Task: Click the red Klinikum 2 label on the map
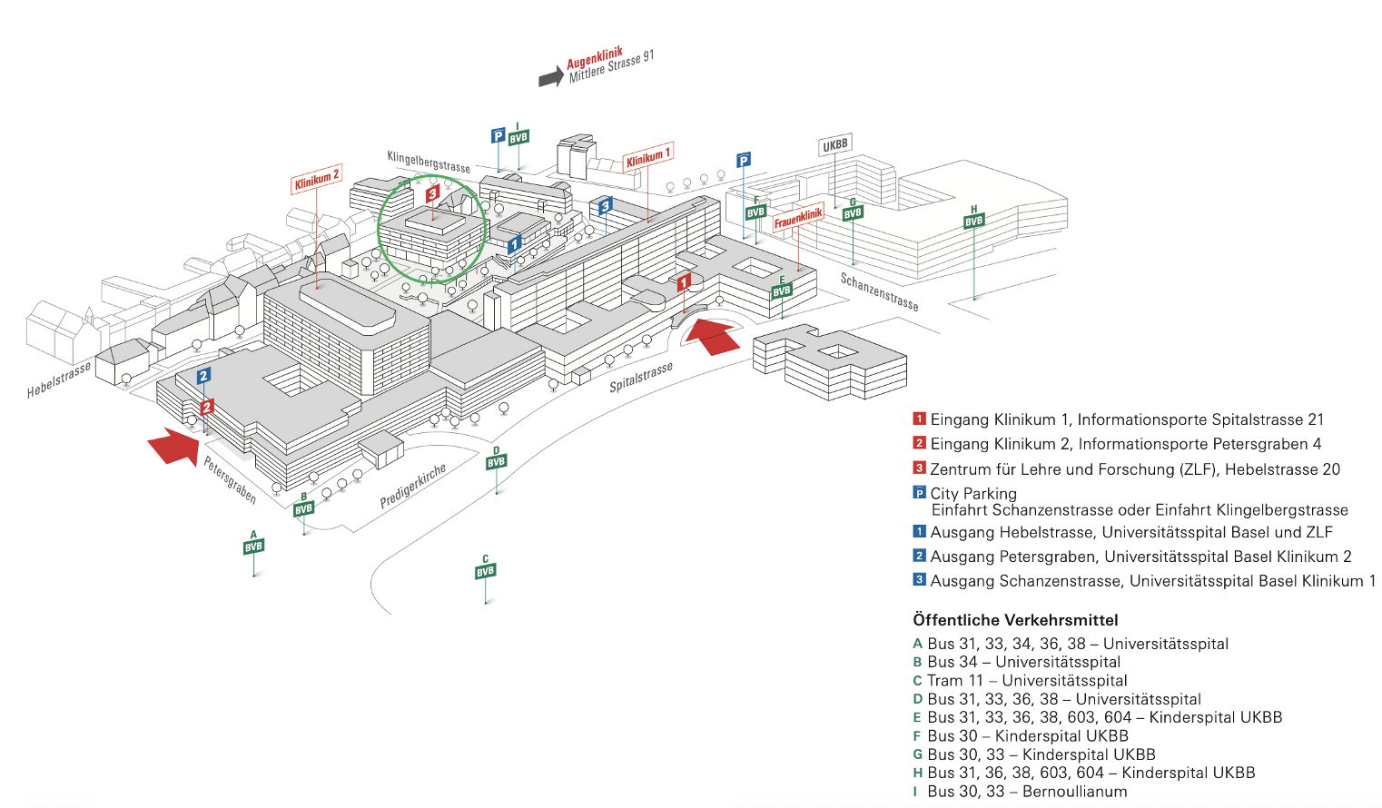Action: click(316, 179)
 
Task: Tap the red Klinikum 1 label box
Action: click(647, 158)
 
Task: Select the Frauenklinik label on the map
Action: click(798, 218)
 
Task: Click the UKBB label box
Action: click(834, 145)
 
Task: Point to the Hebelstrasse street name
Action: click(59, 379)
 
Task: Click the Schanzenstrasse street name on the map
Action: click(878, 291)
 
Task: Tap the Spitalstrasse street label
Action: click(641, 377)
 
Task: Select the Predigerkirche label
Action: click(413, 486)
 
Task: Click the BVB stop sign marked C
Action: click(486, 571)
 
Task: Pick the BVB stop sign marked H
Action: click(974, 221)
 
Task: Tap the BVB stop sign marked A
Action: click(253, 547)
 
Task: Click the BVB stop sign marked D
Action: click(496, 462)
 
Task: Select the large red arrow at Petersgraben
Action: click(173, 446)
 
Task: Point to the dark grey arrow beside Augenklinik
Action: click(550, 77)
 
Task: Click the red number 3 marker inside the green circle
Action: click(433, 192)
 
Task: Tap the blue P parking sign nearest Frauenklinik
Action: click(744, 161)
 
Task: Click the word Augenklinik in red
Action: click(594, 59)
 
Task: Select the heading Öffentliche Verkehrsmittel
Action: click(1015, 620)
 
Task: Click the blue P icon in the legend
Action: click(919, 493)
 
